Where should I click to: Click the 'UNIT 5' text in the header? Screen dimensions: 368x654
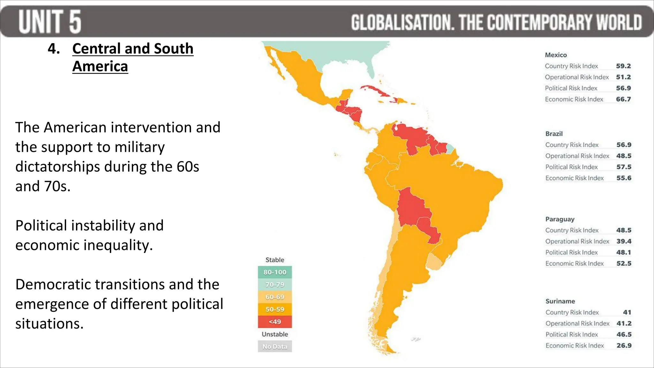tap(50, 21)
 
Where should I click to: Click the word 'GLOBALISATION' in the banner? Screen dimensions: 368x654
tap(402, 22)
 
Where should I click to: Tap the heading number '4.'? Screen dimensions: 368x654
tap(54, 49)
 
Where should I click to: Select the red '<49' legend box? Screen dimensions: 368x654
tap(275, 322)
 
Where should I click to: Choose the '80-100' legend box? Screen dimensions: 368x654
tap(275, 272)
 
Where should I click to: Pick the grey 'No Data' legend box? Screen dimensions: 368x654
tap(275, 347)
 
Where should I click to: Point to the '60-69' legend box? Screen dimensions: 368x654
tap(275, 297)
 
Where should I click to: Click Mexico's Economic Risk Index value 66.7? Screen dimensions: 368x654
tap(623, 99)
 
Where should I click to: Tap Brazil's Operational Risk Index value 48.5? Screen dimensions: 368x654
tap(624, 156)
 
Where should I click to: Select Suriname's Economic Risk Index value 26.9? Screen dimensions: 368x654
tap(624, 346)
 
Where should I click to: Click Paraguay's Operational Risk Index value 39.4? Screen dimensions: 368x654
tap(624, 241)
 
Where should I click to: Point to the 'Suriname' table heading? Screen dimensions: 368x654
tap(560, 301)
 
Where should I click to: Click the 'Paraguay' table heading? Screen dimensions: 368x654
tap(560, 219)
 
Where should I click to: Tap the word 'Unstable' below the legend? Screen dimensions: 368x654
tap(275, 334)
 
